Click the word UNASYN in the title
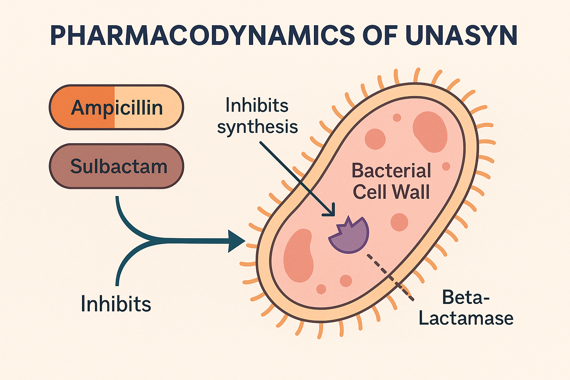tap(461, 36)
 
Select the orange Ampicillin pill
tap(117, 108)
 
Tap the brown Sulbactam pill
tap(117, 166)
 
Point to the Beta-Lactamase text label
tap(466, 308)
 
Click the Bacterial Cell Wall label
tap(391, 181)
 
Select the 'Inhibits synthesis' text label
tap(257, 116)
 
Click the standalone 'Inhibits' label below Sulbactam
tap(116, 304)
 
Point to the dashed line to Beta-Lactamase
tap(390, 276)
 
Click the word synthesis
tap(257, 127)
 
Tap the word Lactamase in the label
tap(466, 318)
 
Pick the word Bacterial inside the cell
tap(391, 171)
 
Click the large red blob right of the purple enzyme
tap(399, 222)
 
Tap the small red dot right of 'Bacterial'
tap(446, 166)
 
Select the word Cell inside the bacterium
tap(369, 192)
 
